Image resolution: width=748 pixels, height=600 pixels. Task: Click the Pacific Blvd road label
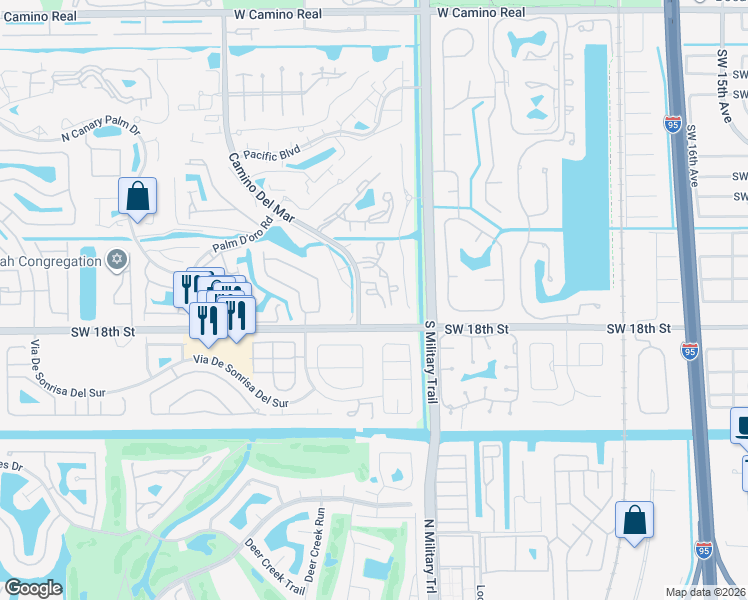(272, 155)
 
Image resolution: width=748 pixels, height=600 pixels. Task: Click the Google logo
(32, 588)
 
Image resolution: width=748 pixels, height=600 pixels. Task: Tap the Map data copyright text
(705, 592)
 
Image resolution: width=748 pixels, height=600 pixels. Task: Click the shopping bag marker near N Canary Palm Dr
(137, 197)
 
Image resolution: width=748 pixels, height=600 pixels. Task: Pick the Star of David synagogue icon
(117, 261)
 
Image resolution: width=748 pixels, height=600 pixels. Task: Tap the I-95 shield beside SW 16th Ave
(672, 124)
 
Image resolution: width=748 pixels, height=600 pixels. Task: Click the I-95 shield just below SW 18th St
(690, 350)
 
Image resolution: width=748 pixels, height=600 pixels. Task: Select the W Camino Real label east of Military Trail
(481, 13)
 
